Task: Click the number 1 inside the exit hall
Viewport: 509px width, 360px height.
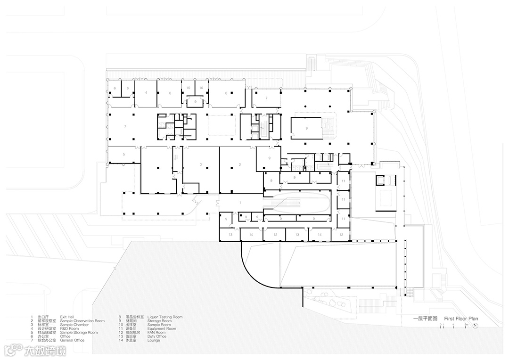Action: coord(240,202)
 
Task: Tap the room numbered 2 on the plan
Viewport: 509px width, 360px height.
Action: coord(240,164)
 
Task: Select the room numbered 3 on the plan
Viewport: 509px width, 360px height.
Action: coord(201,164)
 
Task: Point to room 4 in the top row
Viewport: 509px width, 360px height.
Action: coord(146,93)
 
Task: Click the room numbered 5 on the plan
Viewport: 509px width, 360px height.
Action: coord(123,155)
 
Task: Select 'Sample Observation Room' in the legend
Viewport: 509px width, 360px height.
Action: coord(82,321)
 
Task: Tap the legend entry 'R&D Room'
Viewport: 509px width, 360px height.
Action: coord(69,328)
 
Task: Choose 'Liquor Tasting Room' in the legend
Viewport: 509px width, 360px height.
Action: coord(164,317)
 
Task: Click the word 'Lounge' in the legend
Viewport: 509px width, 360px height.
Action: coord(154,340)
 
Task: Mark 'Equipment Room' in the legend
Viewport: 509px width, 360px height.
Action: coord(162,328)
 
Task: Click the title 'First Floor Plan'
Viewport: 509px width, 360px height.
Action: coord(461,319)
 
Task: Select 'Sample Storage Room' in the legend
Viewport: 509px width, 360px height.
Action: coord(79,332)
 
